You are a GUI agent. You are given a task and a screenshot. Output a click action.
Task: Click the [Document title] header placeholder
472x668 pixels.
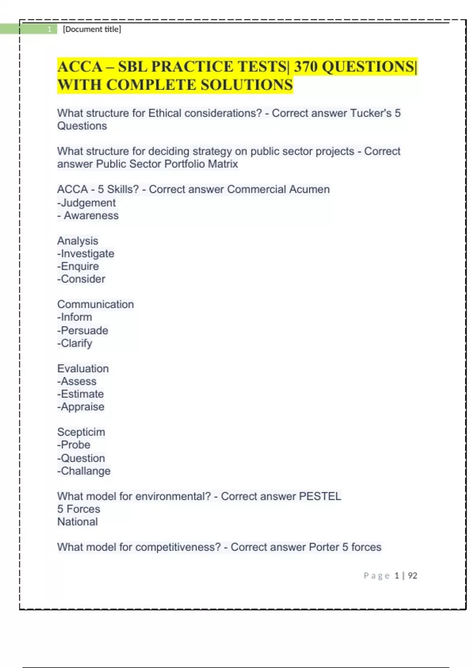[x=92, y=29]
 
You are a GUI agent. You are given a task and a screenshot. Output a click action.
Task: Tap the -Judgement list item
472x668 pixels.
[x=87, y=203]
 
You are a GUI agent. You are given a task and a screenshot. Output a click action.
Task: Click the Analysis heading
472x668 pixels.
[x=77, y=241]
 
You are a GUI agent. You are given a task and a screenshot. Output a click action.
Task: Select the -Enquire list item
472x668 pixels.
[x=78, y=266]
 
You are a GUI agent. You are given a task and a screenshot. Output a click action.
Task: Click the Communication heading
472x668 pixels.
[x=96, y=305]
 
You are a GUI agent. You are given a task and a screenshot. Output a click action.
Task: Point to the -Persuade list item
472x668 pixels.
[x=83, y=330]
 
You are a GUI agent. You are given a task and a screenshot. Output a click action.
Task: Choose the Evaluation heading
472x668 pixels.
[x=83, y=369]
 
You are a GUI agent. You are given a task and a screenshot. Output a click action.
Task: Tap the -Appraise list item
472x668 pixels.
[x=81, y=407]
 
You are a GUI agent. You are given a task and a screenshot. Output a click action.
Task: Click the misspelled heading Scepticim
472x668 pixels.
[x=81, y=432]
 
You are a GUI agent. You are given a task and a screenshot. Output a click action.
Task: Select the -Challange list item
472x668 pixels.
[x=84, y=471]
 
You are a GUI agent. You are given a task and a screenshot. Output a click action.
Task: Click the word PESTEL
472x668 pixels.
[x=320, y=496]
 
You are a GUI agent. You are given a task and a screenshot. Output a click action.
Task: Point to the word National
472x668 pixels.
[x=77, y=522]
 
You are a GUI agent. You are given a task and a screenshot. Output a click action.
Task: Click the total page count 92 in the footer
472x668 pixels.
[x=412, y=576]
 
